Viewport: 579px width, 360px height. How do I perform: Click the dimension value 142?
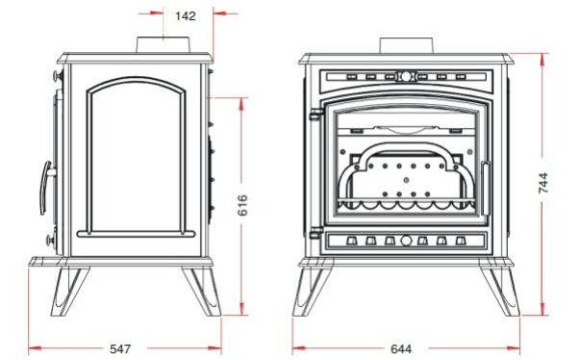[x=186, y=16]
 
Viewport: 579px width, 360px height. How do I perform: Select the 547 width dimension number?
[x=120, y=348]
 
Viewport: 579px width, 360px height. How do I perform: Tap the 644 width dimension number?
[x=401, y=348]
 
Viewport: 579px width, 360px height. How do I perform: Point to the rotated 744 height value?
[x=543, y=183]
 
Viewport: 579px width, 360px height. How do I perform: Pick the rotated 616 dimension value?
[x=242, y=205]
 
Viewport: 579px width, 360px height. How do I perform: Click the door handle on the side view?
[x=45, y=188]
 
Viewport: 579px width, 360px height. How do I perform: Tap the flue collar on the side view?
[x=164, y=44]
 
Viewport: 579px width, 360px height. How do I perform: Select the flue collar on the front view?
[x=406, y=45]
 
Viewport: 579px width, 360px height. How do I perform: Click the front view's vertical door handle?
[x=486, y=189]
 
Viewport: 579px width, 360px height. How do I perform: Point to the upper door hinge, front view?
[x=316, y=115]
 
